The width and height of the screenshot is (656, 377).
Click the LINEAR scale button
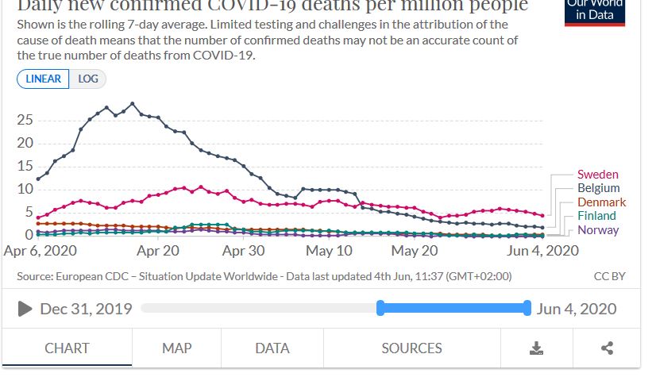[43, 79]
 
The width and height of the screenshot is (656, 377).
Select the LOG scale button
[87, 79]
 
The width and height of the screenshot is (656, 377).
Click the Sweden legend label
[597, 175]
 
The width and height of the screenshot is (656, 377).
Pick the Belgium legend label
[598, 188]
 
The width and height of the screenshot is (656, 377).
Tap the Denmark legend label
[601, 202]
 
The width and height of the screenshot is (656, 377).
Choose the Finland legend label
[596, 216]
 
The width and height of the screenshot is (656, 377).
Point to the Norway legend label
[598, 230]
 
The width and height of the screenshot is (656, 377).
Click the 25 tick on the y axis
[25, 120]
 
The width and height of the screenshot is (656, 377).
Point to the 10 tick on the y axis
[25, 189]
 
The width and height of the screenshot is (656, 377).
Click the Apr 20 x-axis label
[158, 250]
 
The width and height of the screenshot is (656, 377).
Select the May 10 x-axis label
[329, 250]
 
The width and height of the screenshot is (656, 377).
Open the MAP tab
[176, 348]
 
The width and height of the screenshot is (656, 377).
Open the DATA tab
[272, 348]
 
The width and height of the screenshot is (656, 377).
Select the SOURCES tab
[411, 348]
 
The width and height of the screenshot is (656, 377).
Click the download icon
[536, 348]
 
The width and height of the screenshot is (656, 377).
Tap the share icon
[607, 348]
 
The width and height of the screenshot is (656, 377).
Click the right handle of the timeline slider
[527, 308]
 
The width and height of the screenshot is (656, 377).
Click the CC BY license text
[609, 276]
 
